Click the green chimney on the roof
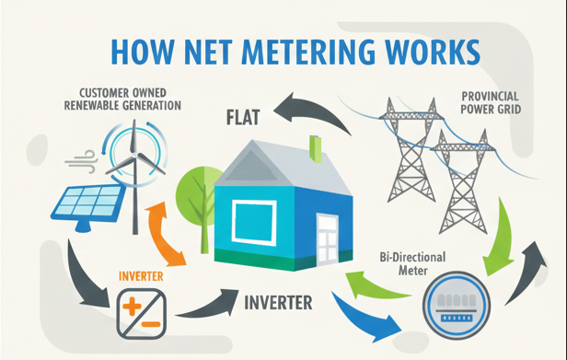(315, 147)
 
